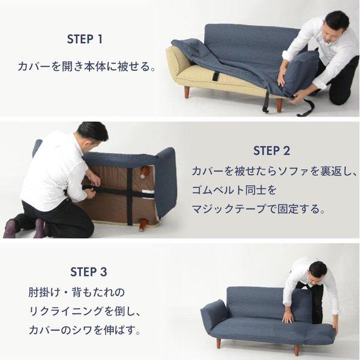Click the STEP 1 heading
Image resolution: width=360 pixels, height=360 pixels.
85,39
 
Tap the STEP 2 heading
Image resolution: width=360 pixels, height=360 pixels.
271,151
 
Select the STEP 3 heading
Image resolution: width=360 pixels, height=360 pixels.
88,272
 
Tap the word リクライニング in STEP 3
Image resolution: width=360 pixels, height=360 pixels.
66,311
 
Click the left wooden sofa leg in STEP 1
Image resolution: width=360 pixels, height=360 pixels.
187,92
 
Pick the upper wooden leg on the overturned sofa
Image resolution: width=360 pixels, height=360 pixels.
145,172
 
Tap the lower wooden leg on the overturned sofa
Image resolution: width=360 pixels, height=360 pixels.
143,224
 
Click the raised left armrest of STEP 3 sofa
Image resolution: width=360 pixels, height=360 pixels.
213,311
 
